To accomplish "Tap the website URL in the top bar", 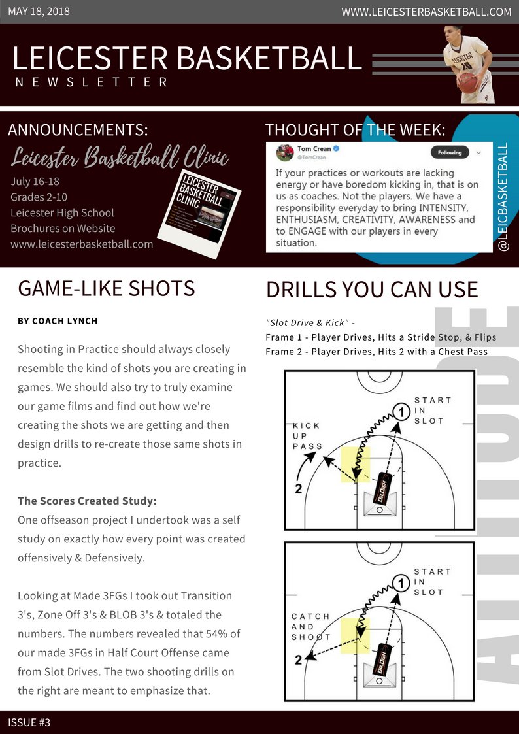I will [x=426, y=12].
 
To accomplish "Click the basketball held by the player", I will [x=467, y=82].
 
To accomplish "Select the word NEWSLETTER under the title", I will [x=92, y=82].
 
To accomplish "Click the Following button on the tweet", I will [x=449, y=152].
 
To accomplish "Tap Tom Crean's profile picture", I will [x=284, y=153].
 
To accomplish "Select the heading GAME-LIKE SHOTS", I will [x=107, y=288].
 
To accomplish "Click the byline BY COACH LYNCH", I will [x=58, y=321].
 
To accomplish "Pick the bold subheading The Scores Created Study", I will [x=87, y=501].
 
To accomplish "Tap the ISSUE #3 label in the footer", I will [x=29, y=722].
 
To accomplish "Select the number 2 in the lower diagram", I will [x=298, y=660].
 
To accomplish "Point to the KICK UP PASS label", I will [x=307, y=436].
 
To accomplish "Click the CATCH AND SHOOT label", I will [x=310, y=627].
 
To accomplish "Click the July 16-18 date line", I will [x=35, y=181].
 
